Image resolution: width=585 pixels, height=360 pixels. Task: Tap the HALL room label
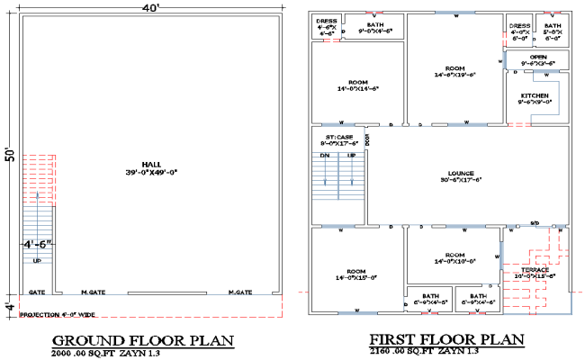coord(150,166)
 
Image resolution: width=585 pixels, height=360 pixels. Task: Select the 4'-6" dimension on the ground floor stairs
coord(38,243)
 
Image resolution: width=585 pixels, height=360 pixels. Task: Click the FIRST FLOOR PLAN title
coord(446,339)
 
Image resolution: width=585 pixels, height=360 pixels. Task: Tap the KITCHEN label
coord(535,98)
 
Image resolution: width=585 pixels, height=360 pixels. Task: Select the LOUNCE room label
coord(461,176)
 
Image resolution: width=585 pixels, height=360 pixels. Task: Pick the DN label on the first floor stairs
coord(325,156)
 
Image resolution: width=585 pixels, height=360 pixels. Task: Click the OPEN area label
coord(537,60)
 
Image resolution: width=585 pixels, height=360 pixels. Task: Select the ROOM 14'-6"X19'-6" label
coord(454,72)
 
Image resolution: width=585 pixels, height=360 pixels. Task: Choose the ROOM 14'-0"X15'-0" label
coord(356,275)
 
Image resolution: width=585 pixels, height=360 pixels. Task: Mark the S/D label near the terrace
coord(534,222)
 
